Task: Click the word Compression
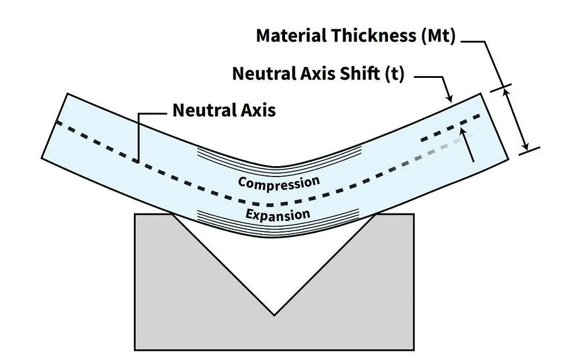279,183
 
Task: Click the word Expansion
278,215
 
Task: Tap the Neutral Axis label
224,110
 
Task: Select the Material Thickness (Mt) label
356,36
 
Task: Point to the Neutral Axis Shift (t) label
319,74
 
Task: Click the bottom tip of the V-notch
273,314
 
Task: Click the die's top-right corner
413,215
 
